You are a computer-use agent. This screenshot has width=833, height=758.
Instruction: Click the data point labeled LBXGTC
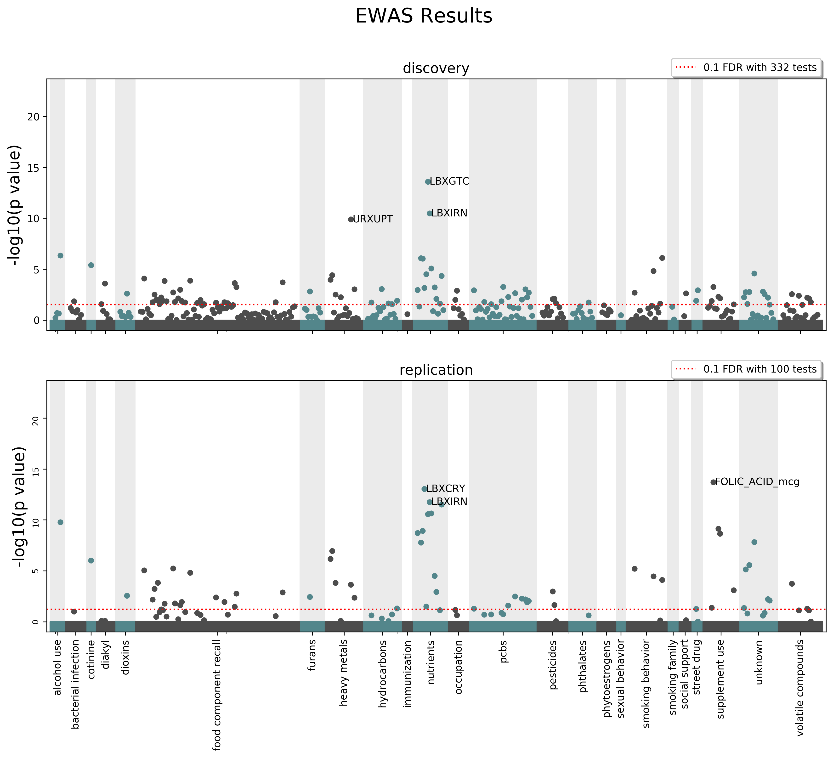[x=428, y=182]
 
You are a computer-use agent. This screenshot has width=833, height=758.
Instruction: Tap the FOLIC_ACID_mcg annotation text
[x=757, y=482]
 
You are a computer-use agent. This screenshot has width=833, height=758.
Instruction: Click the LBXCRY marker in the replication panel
[x=424, y=489]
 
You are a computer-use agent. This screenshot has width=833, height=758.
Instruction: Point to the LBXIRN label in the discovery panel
[x=449, y=213]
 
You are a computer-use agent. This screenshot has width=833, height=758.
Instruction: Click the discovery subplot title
[x=436, y=68]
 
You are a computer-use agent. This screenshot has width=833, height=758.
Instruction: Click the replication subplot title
[x=436, y=370]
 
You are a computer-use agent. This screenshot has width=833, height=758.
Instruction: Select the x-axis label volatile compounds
[x=800, y=688]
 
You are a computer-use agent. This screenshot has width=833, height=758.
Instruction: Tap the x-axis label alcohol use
[x=57, y=667]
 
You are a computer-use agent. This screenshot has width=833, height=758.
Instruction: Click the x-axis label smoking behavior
[x=646, y=678]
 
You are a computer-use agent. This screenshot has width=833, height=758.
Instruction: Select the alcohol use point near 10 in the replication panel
[x=60, y=522]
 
